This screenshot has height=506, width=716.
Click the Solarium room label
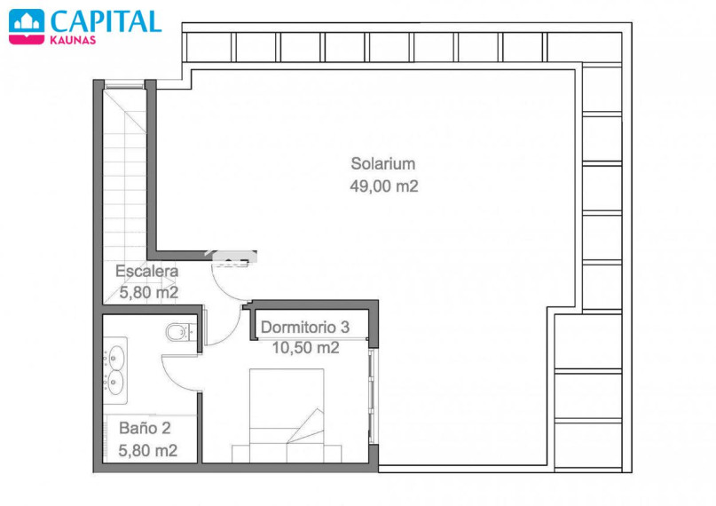coord(383,163)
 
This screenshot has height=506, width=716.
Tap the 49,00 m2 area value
coord(384,186)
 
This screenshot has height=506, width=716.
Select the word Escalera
coord(146,271)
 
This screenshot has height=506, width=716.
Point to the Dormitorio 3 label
coord(305,327)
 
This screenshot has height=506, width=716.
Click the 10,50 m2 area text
coord(305,348)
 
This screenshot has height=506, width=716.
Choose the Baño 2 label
coord(145,428)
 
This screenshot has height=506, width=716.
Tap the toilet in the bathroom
coord(182,332)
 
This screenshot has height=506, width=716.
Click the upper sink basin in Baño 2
coord(116,357)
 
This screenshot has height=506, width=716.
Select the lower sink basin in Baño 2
coord(115,383)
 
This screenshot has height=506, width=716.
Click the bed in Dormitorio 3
coord(287,415)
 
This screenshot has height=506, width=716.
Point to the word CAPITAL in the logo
coord(106,21)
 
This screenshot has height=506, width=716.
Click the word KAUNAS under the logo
coord(73,40)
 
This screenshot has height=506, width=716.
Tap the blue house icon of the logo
coord(27,21)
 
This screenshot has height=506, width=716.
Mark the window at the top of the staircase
coord(124,84)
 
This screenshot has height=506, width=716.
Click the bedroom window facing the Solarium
coord(373,396)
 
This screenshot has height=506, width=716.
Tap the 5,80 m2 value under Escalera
coord(149,292)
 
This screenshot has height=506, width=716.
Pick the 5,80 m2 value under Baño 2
coord(147,451)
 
